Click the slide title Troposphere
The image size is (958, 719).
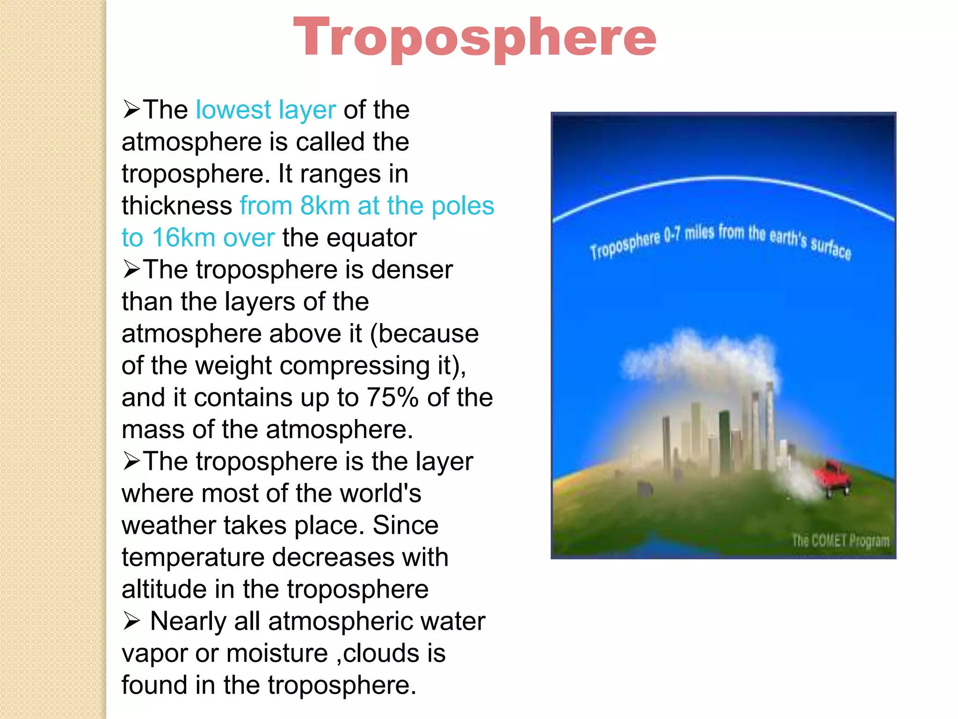[474, 37]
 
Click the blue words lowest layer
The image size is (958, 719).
[265, 110]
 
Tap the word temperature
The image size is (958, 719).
[192, 558]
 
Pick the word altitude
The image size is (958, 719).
[164, 589]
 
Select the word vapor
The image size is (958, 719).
[154, 653]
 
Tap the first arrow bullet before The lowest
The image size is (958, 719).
[131, 110]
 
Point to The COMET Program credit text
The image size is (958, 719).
[840, 541]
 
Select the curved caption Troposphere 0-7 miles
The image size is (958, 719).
[720, 240]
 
